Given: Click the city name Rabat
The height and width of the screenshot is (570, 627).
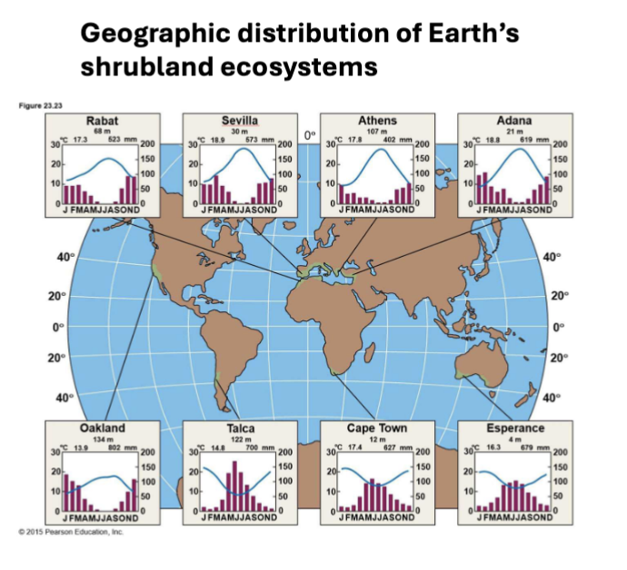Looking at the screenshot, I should pyautogui.click(x=101, y=120).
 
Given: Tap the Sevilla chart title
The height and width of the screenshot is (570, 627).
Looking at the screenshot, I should pyautogui.click(x=239, y=120).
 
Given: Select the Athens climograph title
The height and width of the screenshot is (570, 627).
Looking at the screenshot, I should pyautogui.click(x=377, y=120).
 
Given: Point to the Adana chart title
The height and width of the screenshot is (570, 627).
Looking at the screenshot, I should pyautogui.click(x=514, y=120).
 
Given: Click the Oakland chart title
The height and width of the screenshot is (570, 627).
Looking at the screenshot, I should pyautogui.click(x=103, y=427).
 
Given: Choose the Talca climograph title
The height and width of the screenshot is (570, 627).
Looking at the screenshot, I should pyautogui.click(x=240, y=428).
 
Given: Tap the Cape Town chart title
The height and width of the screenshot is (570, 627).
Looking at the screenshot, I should pyautogui.click(x=376, y=427).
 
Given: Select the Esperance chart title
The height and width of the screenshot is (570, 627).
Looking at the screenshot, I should pyautogui.click(x=514, y=428).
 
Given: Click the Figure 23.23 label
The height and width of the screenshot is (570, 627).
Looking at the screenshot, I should pyautogui.click(x=39, y=104).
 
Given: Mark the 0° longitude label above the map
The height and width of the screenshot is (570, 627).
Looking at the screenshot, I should pyautogui.click(x=309, y=135).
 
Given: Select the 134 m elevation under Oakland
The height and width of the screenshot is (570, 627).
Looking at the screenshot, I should pyautogui.click(x=102, y=438).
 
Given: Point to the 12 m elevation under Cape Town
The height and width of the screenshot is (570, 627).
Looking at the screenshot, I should pyautogui.click(x=375, y=438).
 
